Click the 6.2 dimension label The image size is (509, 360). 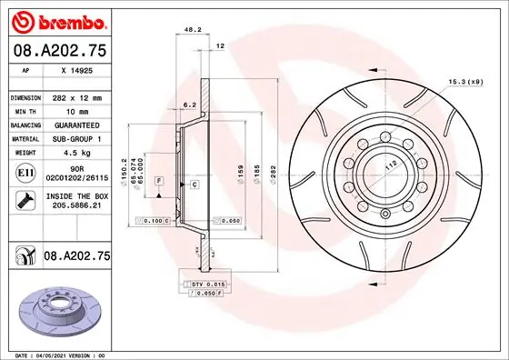tap(188, 105)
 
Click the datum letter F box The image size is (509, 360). tap(159, 182)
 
